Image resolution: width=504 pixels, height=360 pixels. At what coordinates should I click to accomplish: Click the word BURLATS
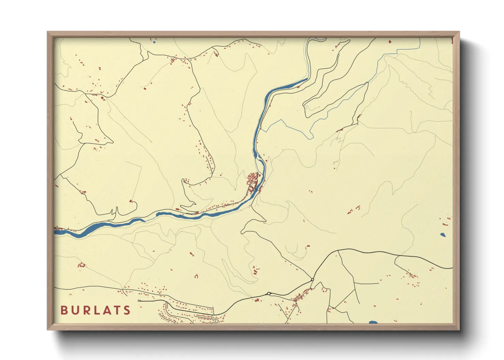95,310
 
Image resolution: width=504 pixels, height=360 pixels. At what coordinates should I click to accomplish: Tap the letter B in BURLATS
64,310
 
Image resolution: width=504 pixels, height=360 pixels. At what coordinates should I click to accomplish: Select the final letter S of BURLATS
127,310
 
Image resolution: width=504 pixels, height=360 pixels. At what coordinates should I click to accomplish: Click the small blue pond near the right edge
443,234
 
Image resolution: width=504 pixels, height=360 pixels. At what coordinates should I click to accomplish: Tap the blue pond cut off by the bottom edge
373,322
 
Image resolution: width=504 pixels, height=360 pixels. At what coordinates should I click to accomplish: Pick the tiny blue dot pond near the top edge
154,42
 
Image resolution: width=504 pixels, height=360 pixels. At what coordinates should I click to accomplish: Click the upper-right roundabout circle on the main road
313,280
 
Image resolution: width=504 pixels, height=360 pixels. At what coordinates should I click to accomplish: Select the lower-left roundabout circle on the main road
269,293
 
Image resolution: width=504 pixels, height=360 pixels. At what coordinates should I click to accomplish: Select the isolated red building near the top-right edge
390,42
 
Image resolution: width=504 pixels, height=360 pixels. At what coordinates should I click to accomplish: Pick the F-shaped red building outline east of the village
358,207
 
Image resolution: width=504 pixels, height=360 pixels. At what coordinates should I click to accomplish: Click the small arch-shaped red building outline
196,276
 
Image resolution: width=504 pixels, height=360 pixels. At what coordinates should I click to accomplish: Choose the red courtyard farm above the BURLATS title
82,265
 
